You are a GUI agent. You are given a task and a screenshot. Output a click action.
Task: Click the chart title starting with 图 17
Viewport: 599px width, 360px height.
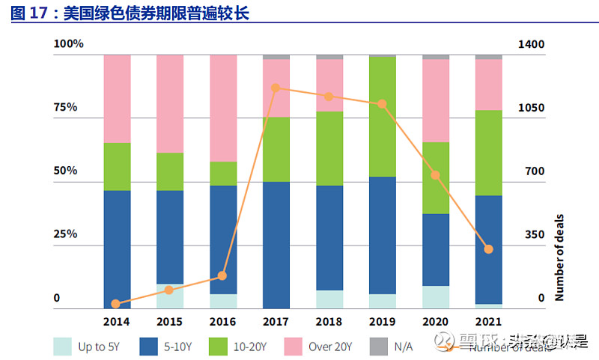tap(130, 13)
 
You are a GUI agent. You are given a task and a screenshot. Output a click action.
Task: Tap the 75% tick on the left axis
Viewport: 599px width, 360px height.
tap(66, 107)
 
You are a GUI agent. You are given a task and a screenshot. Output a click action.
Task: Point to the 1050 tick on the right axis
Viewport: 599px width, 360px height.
tap(532, 107)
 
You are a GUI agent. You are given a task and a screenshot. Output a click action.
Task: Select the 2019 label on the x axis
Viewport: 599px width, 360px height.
tap(383, 321)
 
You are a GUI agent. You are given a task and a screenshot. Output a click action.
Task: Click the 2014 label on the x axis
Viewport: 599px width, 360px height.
tap(117, 321)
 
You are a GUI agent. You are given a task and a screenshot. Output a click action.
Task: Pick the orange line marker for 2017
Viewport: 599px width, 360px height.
tap(276, 88)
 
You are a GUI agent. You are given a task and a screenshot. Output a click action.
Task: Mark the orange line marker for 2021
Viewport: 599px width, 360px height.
tap(488, 248)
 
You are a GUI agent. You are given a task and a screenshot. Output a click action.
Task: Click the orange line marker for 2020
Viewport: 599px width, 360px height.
tap(435, 175)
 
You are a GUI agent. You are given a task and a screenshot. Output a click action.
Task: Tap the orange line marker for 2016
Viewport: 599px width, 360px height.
tap(222, 276)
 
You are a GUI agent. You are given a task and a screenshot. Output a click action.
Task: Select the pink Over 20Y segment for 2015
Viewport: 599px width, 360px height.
tap(170, 103)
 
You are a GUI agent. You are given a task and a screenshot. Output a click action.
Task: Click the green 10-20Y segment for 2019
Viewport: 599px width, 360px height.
tap(383, 116)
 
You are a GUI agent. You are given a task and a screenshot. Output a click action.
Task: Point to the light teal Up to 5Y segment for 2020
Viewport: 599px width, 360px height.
tap(436, 297)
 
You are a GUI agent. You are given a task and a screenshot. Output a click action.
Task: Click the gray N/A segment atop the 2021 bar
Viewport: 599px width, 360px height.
tap(488, 57)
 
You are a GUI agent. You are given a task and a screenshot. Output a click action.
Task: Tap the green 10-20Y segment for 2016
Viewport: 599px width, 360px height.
tap(223, 173)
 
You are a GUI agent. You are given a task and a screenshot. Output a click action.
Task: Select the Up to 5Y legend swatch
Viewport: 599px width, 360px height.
tap(63, 346)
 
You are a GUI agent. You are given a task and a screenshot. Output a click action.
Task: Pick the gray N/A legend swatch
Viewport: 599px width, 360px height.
tap(379, 346)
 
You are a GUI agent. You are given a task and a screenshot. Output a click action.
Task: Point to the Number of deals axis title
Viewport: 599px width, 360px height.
tap(559, 257)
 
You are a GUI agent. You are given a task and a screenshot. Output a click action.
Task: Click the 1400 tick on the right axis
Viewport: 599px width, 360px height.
tap(532, 44)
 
